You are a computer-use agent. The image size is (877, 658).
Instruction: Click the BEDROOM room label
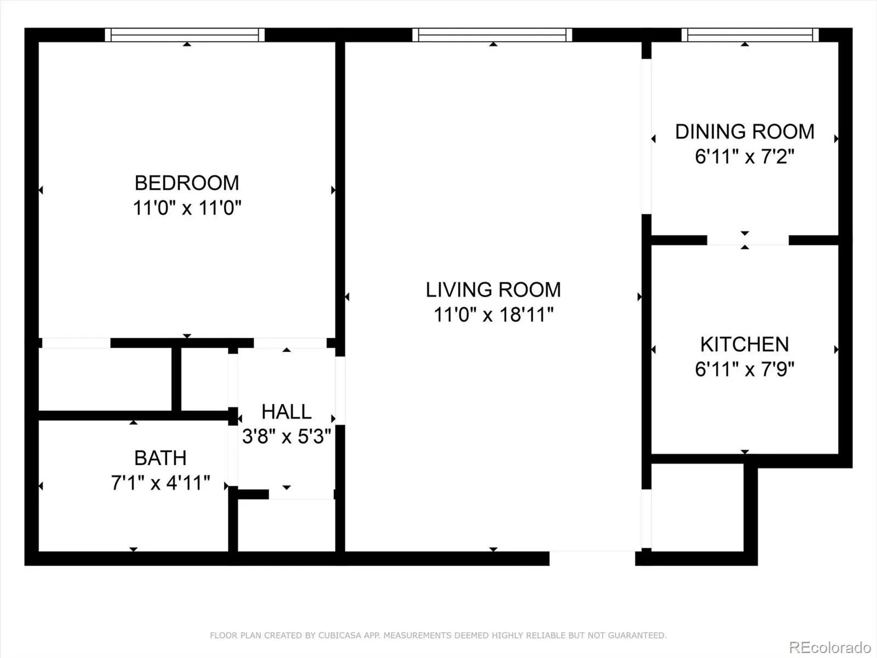click(186, 183)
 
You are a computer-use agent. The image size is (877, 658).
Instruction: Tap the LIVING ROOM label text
click(493, 290)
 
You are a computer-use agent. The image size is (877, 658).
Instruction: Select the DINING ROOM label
click(745, 132)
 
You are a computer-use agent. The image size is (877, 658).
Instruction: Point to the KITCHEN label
click(745, 344)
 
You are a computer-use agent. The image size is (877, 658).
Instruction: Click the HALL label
click(287, 411)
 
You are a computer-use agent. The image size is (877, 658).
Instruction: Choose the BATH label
click(160, 458)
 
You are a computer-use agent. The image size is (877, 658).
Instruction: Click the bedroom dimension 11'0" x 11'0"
click(187, 208)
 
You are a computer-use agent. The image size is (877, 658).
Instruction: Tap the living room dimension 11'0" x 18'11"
click(493, 314)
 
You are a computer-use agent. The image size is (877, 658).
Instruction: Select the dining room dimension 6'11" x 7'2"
click(744, 156)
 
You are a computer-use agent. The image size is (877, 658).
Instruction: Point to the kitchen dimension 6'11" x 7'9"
click(744, 369)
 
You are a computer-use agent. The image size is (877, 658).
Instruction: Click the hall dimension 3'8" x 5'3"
click(287, 436)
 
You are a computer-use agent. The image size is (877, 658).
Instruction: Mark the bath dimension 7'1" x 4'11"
click(160, 483)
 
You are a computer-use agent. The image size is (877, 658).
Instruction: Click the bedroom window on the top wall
click(185, 35)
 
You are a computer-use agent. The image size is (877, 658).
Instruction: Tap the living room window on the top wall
click(492, 35)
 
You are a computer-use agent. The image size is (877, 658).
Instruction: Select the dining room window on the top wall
click(749, 35)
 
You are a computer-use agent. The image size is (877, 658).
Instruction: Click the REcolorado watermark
click(829, 647)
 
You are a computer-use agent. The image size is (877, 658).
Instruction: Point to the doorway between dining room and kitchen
click(748, 240)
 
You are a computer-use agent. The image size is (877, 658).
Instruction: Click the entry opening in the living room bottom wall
click(592, 558)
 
